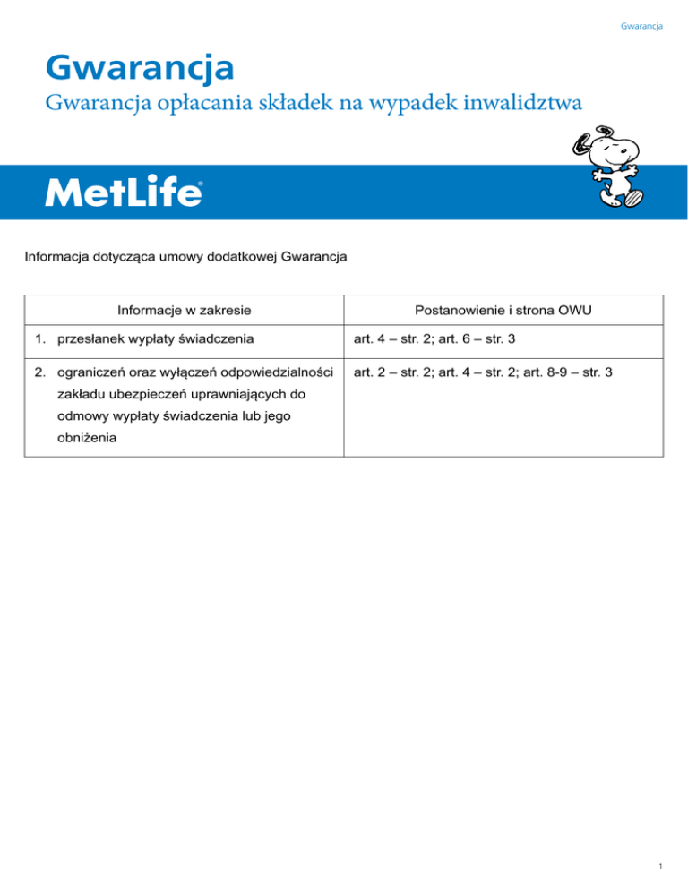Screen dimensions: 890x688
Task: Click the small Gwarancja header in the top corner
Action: (x=641, y=26)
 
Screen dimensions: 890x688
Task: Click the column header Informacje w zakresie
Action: (x=184, y=311)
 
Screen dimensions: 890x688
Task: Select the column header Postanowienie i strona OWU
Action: (x=503, y=311)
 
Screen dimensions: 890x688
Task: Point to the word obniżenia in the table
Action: (x=85, y=440)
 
